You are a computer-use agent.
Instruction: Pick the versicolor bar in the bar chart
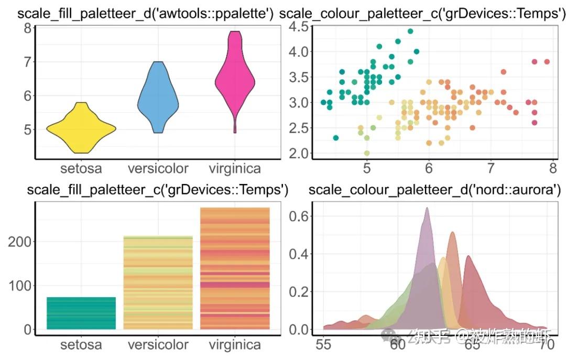158,283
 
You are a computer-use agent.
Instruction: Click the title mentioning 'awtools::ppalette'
146,14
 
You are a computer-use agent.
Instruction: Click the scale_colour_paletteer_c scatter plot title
422,14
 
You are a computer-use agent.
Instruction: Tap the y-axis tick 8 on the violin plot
26,28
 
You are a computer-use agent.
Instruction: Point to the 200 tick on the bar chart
19,242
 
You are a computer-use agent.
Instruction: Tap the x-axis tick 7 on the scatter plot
491,169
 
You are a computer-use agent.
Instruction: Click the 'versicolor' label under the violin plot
158,169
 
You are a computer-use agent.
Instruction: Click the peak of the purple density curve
427,209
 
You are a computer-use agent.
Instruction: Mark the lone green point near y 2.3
336,138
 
